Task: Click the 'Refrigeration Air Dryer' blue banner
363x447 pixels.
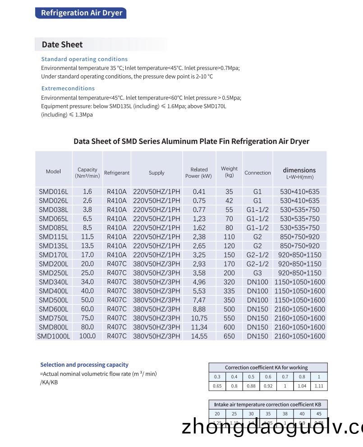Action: click(x=81, y=13)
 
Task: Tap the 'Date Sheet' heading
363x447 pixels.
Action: click(x=62, y=44)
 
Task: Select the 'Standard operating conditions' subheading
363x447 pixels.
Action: click(x=84, y=59)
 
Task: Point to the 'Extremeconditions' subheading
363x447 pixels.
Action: click(x=68, y=88)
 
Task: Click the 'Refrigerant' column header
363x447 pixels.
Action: click(x=117, y=173)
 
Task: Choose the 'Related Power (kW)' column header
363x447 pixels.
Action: click(x=199, y=173)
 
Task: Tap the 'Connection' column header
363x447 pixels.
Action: click(x=257, y=173)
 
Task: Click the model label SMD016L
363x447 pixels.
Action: click(x=53, y=192)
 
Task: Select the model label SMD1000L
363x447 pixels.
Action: click(x=53, y=336)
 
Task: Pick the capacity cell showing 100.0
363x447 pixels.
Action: click(x=87, y=336)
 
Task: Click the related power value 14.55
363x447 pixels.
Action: click(x=199, y=336)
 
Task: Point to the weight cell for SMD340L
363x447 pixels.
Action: click(x=229, y=282)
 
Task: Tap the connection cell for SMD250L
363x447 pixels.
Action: click(x=257, y=273)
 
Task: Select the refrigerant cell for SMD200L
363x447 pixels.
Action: click(x=117, y=264)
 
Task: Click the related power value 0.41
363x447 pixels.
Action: click(x=199, y=192)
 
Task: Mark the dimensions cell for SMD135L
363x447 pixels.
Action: click(x=299, y=246)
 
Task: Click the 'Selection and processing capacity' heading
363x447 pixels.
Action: click(x=84, y=365)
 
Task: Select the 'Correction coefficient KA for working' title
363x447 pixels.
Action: click(x=266, y=368)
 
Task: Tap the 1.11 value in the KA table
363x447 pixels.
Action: click(x=319, y=386)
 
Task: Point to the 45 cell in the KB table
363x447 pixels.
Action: click(x=319, y=414)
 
